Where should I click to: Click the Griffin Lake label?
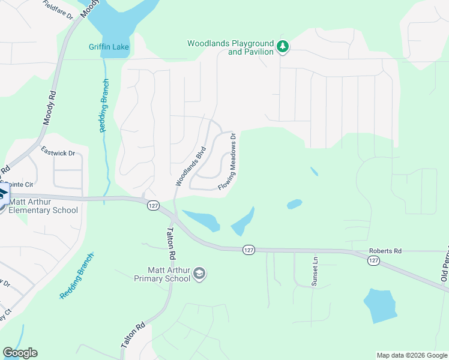(109, 47)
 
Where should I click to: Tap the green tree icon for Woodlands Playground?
(282, 46)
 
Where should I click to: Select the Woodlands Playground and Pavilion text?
(231, 47)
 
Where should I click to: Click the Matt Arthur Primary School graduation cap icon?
(200, 274)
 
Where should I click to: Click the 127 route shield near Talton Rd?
(152, 205)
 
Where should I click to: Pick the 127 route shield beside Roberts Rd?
(373, 260)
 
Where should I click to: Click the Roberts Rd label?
(385, 251)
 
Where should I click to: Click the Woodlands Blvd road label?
(191, 166)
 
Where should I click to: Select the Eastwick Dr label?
(58, 153)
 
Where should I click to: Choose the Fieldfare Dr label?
(58, 10)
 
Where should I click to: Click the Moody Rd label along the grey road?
(49, 108)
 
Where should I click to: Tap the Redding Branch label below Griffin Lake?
(103, 106)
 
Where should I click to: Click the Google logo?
(20, 353)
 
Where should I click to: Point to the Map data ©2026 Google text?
(411, 355)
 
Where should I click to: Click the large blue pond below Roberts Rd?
(380, 307)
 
